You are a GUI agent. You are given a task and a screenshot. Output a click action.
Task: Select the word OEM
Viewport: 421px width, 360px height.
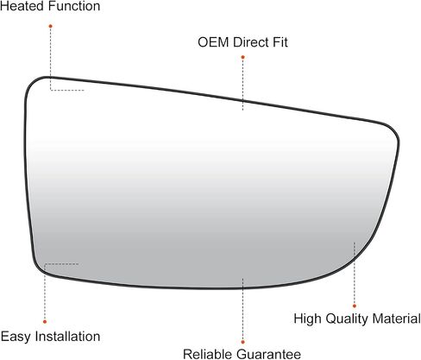213,42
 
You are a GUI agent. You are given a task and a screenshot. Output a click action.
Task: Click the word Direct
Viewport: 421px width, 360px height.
251,42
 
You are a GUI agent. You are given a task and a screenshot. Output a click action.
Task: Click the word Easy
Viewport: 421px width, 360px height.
16,337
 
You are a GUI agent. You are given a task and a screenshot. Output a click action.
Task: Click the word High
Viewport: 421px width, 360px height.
307,319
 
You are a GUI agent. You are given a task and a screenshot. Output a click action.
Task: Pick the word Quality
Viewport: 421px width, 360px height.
347,319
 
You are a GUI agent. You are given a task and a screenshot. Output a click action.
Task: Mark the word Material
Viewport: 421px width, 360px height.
396,319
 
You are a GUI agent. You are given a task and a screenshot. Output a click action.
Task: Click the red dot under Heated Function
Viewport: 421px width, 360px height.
51,26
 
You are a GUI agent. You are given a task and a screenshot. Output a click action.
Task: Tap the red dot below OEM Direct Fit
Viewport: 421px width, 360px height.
243,57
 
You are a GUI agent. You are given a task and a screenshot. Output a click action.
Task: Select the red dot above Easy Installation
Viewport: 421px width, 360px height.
45,321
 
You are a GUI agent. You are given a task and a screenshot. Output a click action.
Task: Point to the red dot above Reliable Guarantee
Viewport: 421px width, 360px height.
243,342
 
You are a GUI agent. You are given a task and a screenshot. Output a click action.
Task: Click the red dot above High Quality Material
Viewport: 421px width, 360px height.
355,306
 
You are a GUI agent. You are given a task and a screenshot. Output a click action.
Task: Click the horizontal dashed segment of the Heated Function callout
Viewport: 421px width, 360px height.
67,91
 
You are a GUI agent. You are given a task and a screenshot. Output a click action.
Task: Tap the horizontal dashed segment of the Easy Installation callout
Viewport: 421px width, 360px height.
61,263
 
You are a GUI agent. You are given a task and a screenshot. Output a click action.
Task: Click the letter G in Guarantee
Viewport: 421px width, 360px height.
240,354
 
